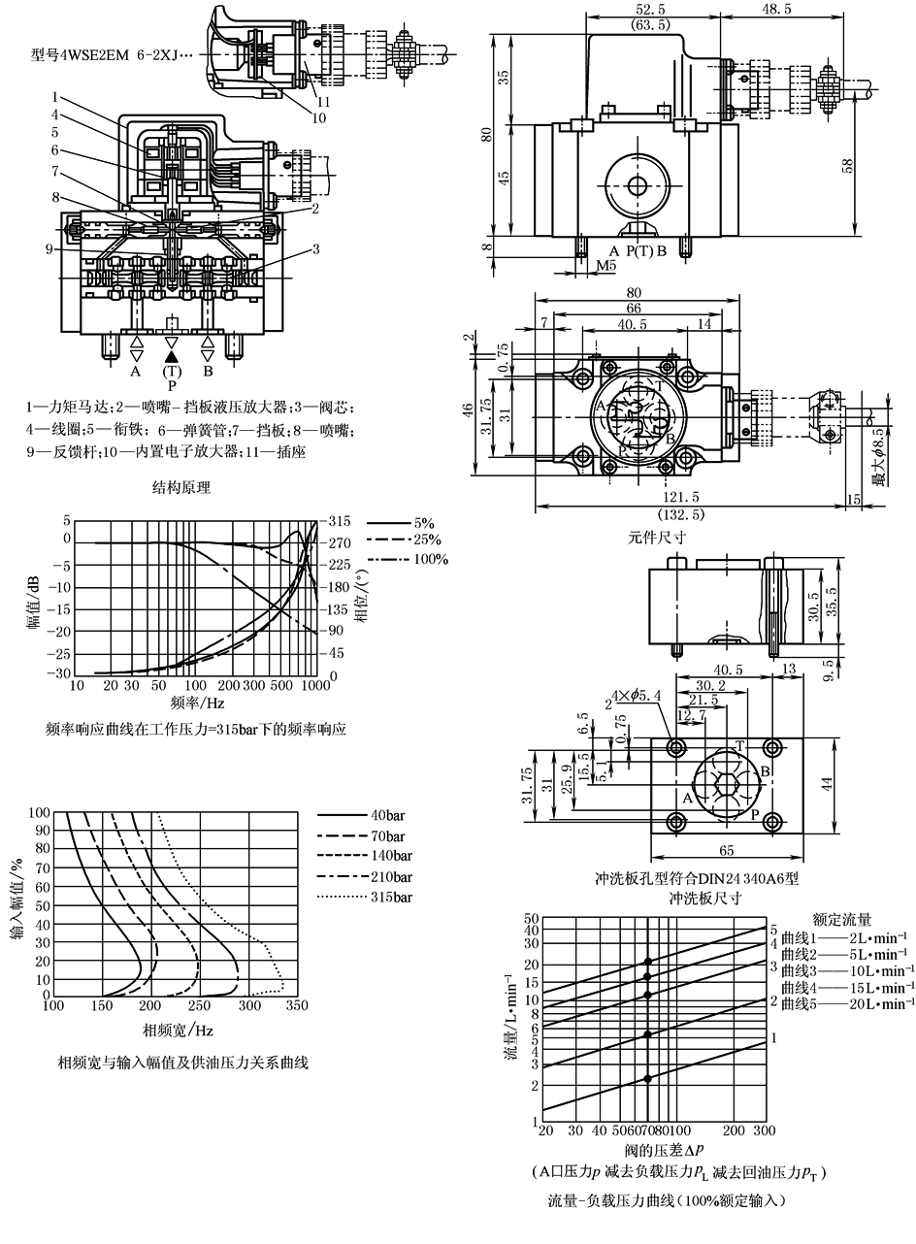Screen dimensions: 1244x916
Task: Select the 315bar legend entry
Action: click(x=392, y=898)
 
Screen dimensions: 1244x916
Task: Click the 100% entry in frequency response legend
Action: click(x=431, y=560)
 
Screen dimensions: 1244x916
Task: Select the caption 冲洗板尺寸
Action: click(x=705, y=898)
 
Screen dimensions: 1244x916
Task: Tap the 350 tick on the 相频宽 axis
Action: click(x=297, y=1006)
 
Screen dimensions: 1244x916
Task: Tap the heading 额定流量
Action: click(x=841, y=918)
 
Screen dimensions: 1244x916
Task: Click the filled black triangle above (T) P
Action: click(x=172, y=356)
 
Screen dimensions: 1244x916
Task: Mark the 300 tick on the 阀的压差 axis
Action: click(x=764, y=1131)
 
